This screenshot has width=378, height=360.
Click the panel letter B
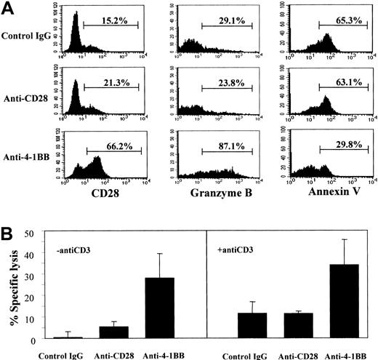[x=9, y=233]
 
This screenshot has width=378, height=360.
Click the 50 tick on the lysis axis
[x=30, y=233]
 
